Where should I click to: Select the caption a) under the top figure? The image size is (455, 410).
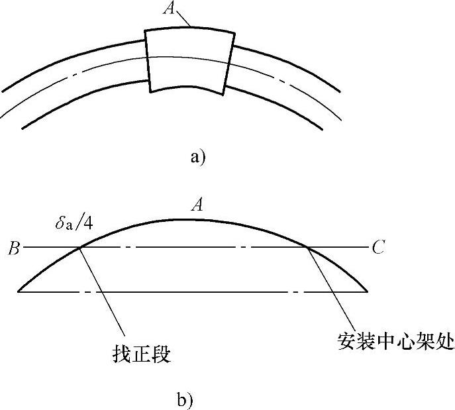198,157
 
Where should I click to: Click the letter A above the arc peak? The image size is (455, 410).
197,206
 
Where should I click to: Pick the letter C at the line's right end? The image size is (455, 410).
378,249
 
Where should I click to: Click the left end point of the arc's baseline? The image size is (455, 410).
18,291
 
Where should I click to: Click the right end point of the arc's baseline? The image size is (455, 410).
368,291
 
